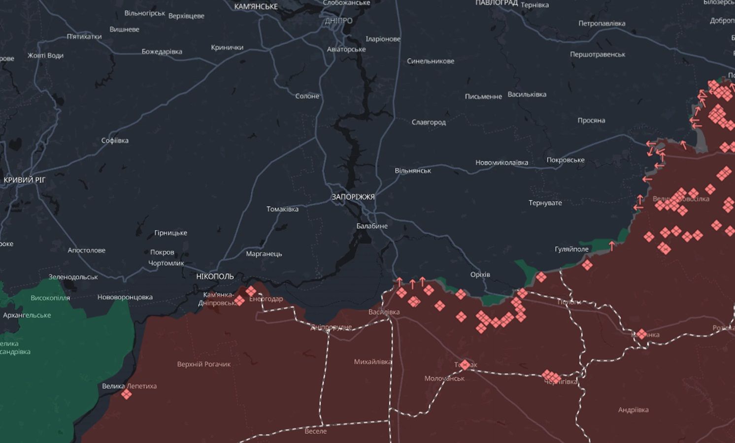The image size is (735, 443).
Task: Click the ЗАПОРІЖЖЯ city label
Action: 353,197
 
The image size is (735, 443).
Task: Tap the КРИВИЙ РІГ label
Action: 24,180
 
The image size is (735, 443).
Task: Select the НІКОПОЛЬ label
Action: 215,277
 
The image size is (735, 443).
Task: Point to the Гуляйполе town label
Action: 571,249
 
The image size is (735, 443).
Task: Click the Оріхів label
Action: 480,274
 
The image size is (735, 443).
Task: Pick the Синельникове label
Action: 430,61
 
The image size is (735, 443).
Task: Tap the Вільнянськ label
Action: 412,171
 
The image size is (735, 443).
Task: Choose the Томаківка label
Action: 282,209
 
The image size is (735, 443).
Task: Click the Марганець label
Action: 264,254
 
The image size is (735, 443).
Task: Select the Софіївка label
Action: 115,141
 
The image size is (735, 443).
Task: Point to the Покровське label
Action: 565,160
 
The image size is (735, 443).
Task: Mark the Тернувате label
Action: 545,203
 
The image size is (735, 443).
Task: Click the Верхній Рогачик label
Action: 204,364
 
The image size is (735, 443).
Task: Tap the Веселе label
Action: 315,431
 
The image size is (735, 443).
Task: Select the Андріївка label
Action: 633,410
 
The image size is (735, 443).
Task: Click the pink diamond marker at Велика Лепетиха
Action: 127,394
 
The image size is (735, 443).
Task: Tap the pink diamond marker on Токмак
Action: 465,365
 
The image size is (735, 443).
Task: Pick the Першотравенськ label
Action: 598,55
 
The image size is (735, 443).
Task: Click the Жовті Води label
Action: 45,56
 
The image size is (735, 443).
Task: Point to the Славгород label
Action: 429,122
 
